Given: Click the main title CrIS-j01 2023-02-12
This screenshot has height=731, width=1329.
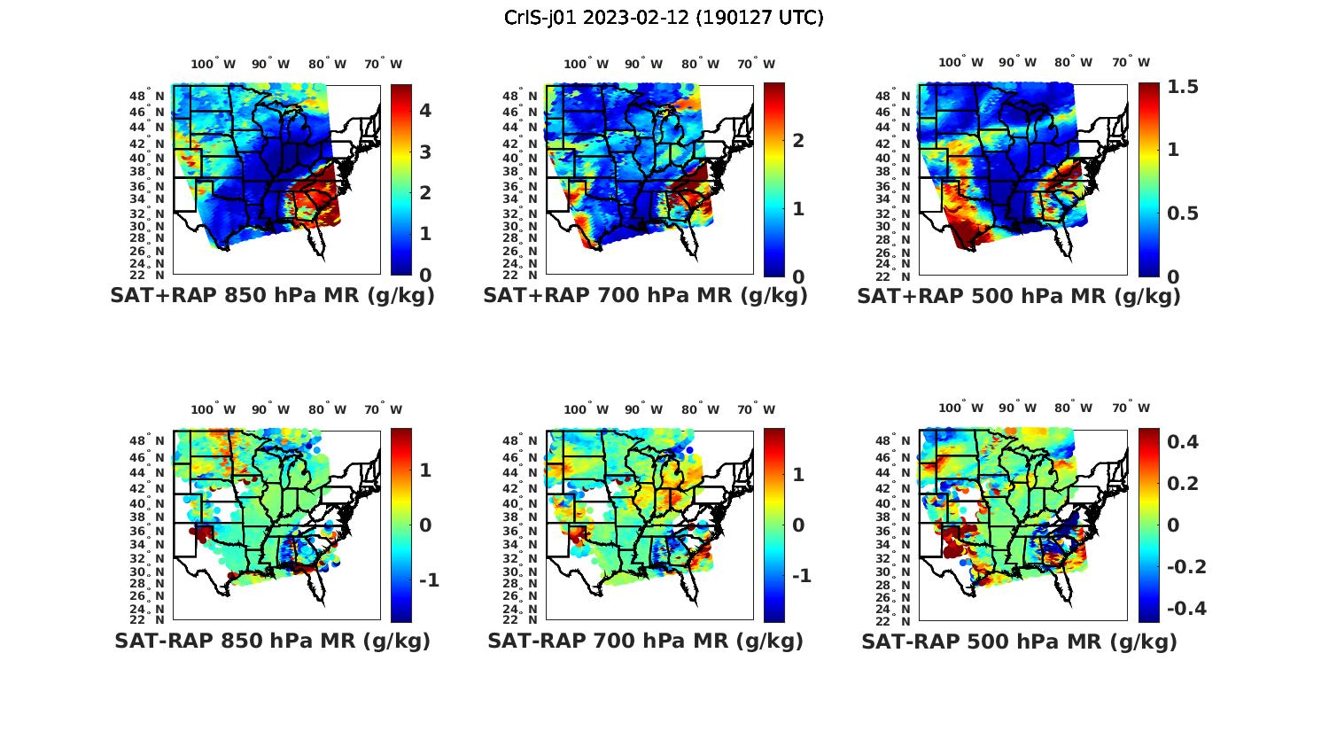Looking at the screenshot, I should point(664,18).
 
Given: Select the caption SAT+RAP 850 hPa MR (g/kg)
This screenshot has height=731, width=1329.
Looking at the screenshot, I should point(272,297).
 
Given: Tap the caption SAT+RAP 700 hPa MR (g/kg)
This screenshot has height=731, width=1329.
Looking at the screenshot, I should point(645,297).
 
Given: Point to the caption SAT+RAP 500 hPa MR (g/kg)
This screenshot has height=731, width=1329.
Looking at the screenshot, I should point(1019,297).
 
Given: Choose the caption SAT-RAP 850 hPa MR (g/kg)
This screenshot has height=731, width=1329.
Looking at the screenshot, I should point(272,642).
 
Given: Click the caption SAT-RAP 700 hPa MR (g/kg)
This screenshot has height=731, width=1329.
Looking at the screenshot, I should point(645,642).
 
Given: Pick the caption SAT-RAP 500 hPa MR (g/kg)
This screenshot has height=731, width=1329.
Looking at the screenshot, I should point(1019,642).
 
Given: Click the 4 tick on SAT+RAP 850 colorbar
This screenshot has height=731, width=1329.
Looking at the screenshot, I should point(425,111).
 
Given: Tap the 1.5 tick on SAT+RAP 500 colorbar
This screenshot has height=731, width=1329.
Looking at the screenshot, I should point(1183,87).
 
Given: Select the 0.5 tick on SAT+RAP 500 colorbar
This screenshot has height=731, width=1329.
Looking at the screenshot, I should point(1183,214).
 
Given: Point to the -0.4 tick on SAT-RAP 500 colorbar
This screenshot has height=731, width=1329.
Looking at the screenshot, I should point(1186,609).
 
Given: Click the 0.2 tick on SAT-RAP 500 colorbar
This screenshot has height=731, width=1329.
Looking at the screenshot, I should point(1183,484).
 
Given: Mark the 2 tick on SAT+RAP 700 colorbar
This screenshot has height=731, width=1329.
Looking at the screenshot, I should point(798,140).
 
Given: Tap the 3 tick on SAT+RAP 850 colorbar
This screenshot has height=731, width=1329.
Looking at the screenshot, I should point(425,152).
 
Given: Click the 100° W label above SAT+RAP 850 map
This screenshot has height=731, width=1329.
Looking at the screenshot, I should point(213,64).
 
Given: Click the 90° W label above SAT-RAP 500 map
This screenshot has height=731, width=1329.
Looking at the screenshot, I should point(1017,408).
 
